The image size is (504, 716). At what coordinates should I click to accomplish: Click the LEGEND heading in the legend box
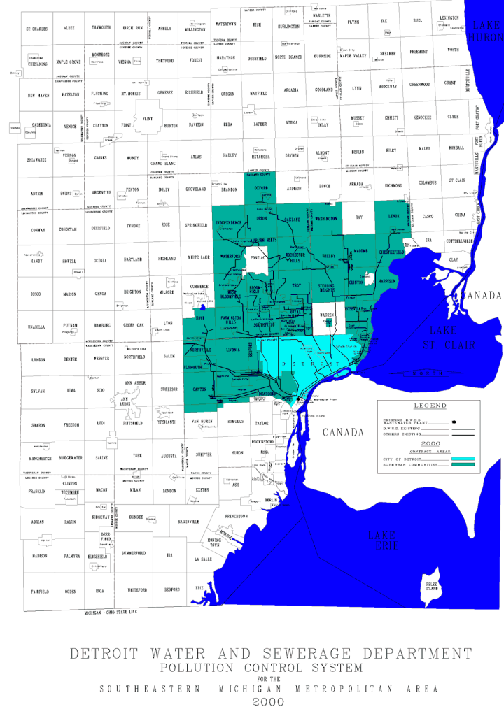pos(430,406)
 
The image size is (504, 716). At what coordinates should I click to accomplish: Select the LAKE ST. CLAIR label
pos(452,336)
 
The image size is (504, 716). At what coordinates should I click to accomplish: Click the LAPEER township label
pos(255,126)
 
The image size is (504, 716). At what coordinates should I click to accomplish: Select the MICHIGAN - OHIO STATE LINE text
pos(111,612)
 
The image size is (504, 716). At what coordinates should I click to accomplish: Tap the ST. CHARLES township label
pos(36,29)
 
